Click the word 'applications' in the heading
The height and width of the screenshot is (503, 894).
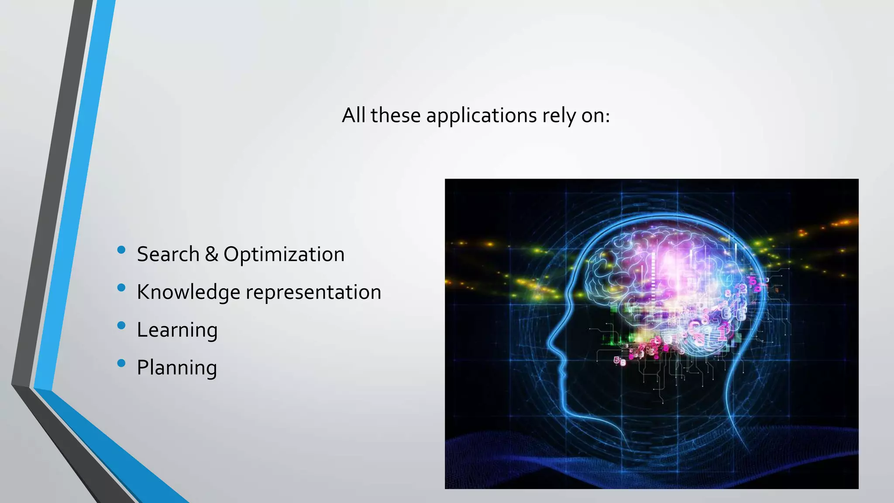[482, 116]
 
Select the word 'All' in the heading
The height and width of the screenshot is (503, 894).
[353, 115]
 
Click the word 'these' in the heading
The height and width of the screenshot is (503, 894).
[395, 115]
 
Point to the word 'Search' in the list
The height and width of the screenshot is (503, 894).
[168, 254]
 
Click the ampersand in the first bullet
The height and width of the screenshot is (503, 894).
[211, 254]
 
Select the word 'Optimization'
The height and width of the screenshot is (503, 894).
[284, 254]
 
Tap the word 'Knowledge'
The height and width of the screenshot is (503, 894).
[188, 292]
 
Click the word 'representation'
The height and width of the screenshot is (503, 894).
[313, 292]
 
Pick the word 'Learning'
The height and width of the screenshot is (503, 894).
[177, 330]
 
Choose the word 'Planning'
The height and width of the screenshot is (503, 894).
[177, 368]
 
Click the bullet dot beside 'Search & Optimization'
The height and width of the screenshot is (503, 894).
[121, 250]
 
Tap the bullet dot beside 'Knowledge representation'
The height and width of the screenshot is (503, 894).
[121, 287]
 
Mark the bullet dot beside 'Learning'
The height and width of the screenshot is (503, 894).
[121, 325]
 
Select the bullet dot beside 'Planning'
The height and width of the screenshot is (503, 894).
[121, 363]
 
